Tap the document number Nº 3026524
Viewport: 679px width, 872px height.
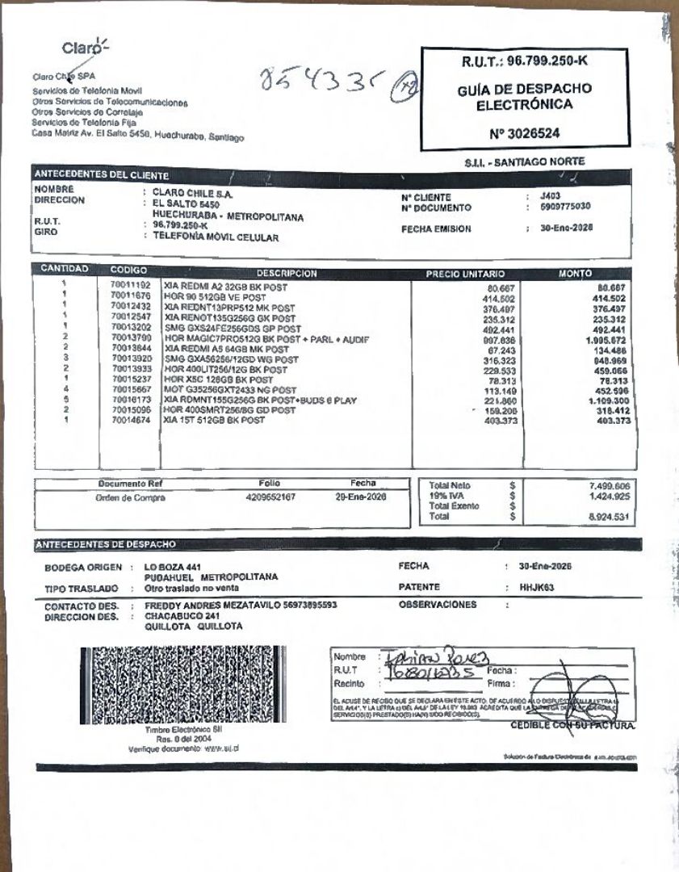pos(523,133)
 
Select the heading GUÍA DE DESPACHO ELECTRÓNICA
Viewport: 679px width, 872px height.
pos(523,97)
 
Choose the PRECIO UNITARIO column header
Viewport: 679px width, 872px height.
pos(465,274)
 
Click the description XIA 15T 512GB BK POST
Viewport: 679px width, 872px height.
pos(214,421)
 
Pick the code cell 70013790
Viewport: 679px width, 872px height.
pos(130,337)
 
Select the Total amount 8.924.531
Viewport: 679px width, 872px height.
pos(609,516)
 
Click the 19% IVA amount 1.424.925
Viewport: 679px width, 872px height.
pos(609,496)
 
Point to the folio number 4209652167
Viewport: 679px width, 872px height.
pos(270,497)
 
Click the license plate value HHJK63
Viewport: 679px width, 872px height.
pos(535,587)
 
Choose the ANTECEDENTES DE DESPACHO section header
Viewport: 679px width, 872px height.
pos(105,544)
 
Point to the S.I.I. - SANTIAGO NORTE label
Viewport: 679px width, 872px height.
pos(524,161)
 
